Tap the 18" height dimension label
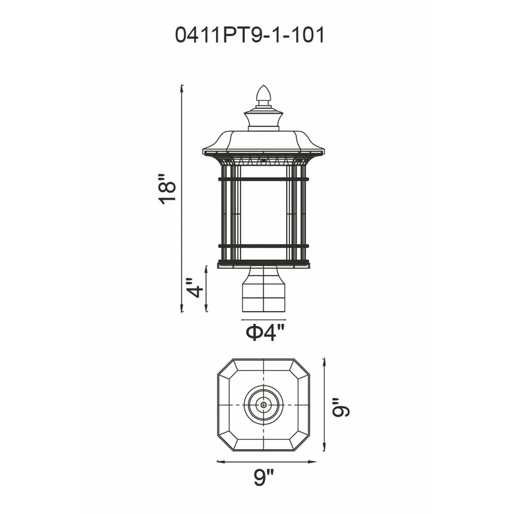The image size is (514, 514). click(167, 189)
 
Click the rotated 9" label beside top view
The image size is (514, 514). click(341, 408)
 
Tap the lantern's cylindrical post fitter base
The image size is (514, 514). click(264, 289)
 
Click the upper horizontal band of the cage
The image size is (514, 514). click(264, 179)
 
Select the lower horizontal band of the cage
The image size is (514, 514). click(264, 245)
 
